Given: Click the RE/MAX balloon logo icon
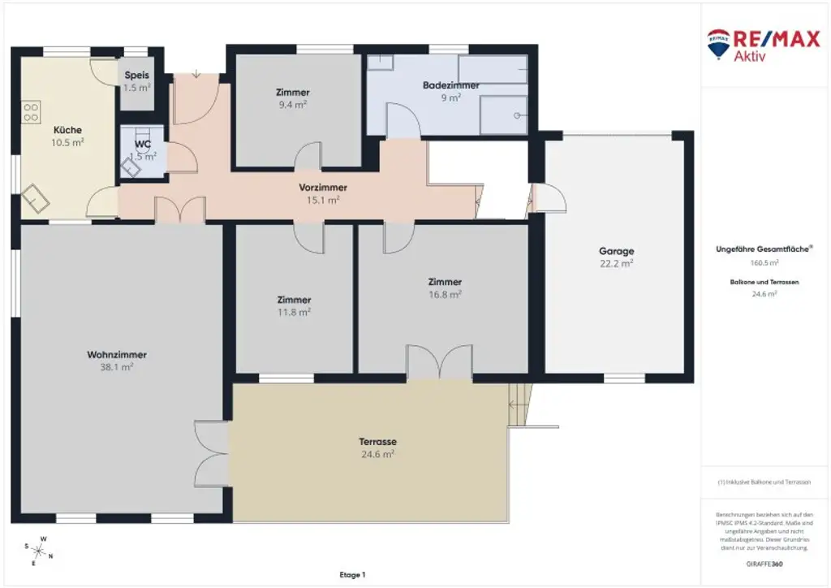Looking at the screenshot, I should coord(717,45).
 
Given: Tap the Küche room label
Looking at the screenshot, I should coord(67,130).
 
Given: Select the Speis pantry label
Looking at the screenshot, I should coord(136,76).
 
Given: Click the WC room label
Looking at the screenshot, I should coord(143,145).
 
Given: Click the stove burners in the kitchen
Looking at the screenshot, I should coord(31,112).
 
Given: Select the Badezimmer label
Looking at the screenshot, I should coord(450,85).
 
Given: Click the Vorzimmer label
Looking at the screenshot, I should coord(323,188).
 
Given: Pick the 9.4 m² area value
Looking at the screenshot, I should coord(292,104).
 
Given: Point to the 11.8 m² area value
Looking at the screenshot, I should coord(293,311).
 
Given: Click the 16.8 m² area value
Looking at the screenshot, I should coord(445,294).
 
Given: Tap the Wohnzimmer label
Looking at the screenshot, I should coord(117,354).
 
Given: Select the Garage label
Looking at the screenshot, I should coord(616,251).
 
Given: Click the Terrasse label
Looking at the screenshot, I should coord(377,442).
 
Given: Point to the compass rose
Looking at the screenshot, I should coord(39,551).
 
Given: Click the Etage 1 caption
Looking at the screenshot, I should coord(352,574).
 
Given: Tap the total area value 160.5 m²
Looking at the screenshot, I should coord(764,262).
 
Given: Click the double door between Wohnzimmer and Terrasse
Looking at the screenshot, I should coord(211,453).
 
